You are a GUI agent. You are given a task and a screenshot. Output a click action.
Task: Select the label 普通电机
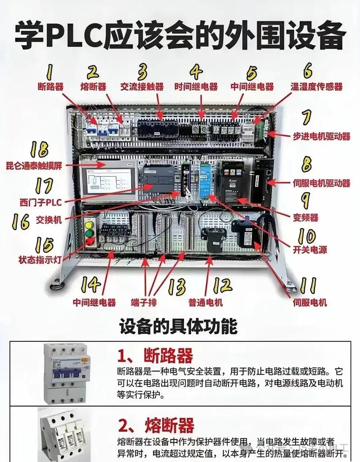pyautogui.click(x=206, y=303)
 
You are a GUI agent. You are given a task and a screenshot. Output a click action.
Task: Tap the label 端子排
pyautogui.click(x=156, y=303)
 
